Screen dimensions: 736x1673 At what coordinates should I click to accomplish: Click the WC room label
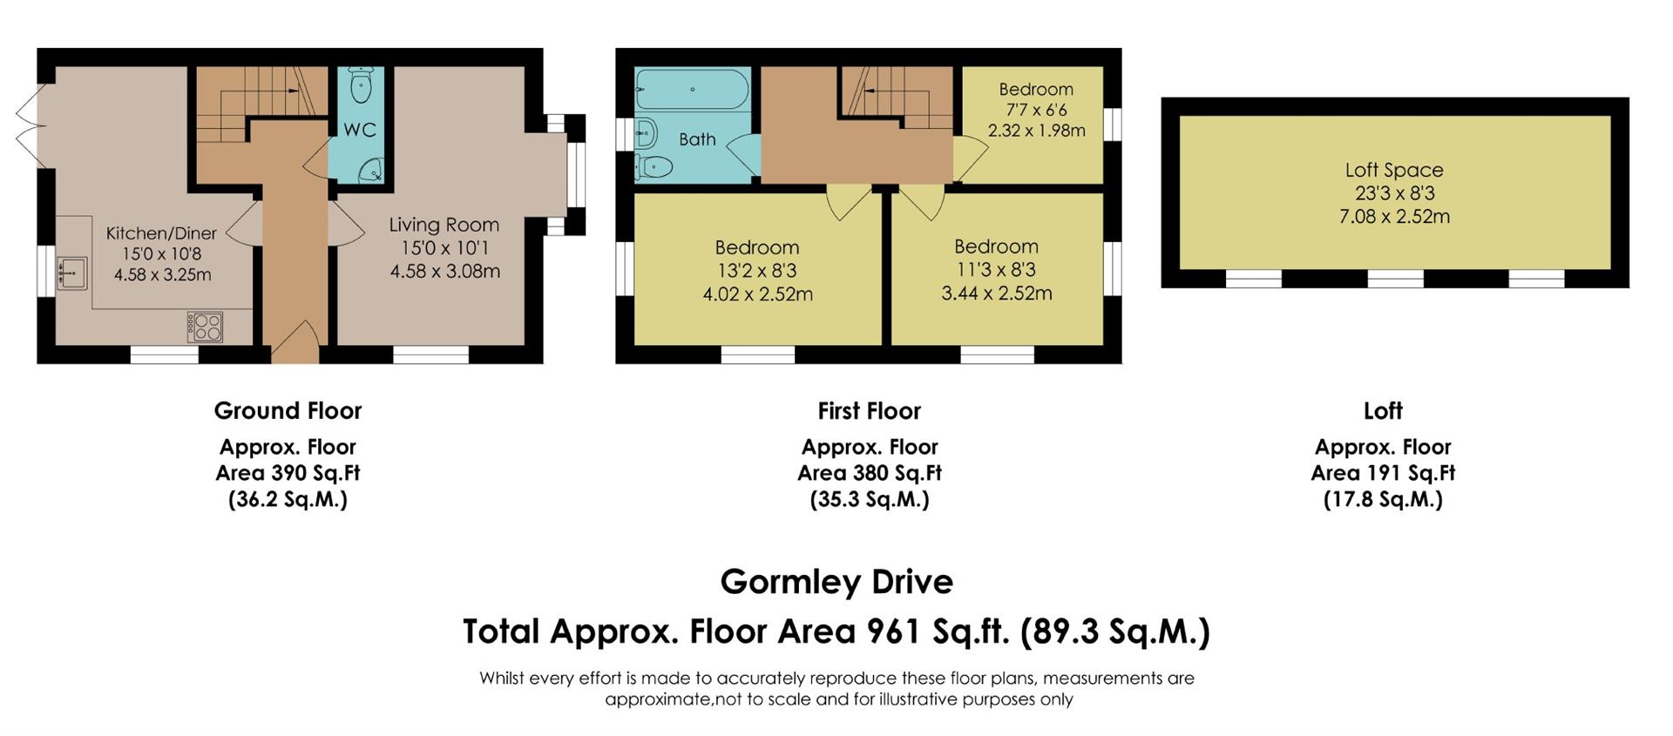coord(360,130)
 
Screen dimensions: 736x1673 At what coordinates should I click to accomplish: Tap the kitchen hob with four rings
coord(205,327)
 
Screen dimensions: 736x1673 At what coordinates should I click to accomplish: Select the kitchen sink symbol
coord(71,273)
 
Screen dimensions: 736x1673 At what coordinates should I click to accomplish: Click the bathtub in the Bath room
coord(692,89)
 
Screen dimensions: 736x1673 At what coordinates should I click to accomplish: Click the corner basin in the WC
coord(373,170)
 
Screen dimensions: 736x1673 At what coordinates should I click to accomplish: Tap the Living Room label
coord(444,225)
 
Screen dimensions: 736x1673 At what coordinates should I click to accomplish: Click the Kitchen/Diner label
coord(161,233)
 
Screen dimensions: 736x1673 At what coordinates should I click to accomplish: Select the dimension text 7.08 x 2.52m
coord(1394,216)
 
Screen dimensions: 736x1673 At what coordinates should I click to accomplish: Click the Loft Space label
coord(1394,170)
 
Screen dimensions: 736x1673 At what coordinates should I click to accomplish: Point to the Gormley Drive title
coord(836,581)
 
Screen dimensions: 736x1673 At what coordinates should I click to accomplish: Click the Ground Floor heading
coord(288,410)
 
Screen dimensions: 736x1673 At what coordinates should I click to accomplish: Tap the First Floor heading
coord(869,410)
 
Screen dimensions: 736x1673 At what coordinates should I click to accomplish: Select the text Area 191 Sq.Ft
coord(1383,473)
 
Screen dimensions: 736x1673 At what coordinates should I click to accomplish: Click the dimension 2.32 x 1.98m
coord(1036,131)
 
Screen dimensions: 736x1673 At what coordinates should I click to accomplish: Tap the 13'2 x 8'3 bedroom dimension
coord(757,271)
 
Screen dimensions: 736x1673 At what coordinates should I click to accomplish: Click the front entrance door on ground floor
coord(296,341)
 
